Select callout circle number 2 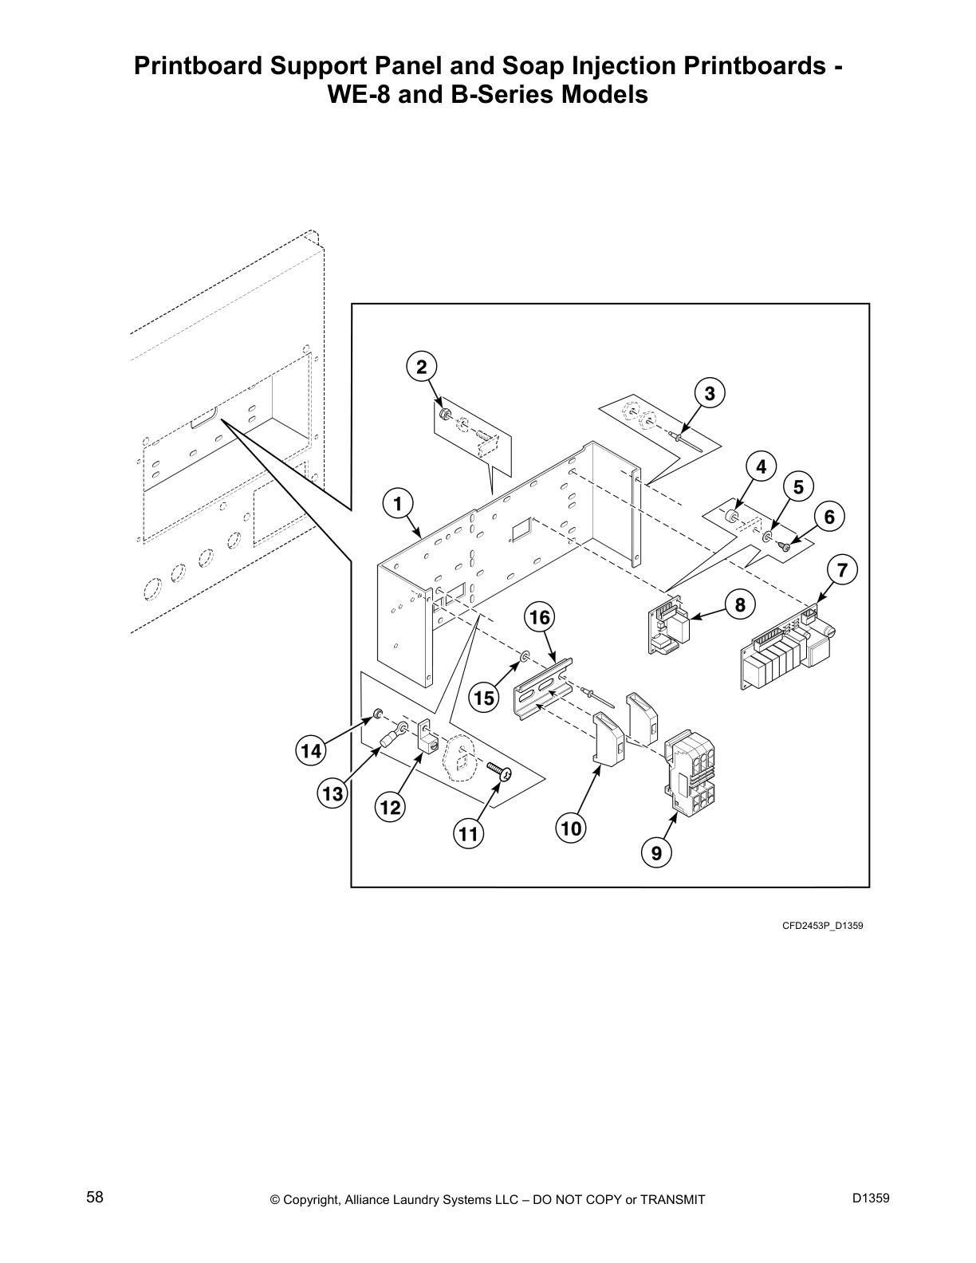(x=421, y=367)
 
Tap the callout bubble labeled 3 (x=709, y=392)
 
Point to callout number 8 (x=739, y=605)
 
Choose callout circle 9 (x=655, y=853)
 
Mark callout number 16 (x=539, y=617)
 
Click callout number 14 (x=310, y=750)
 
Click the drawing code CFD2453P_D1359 (x=822, y=926)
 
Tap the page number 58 (x=95, y=1198)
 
